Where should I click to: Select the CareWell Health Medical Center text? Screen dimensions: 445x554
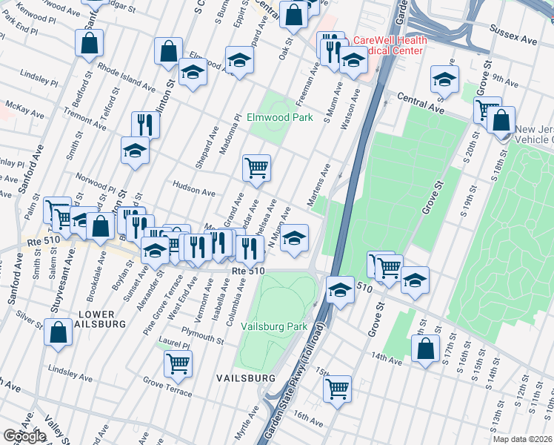387,45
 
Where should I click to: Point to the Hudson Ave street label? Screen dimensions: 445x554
193,190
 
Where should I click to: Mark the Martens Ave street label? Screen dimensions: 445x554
319,186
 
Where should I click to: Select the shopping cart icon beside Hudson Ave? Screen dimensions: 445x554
256,168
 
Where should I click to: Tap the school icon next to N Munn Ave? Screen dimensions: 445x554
294,238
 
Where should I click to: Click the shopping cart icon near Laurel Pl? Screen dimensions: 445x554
178,363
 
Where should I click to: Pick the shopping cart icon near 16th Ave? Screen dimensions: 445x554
338,387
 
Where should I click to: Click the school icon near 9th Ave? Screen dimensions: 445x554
444,79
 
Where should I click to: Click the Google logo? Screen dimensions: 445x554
24,436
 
